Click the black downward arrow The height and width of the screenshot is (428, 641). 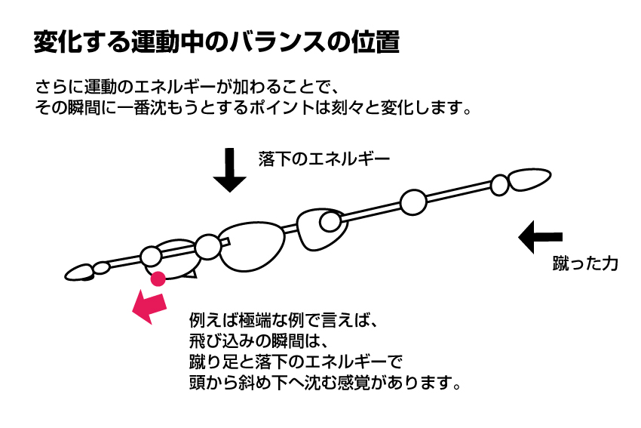point(229,169)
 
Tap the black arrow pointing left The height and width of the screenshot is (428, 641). point(540,237)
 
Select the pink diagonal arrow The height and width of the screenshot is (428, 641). point(149,306)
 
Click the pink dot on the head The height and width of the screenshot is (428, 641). point(158,279)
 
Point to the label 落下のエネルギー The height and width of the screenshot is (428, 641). point(324,159)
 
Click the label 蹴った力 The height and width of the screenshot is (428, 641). point(585,263)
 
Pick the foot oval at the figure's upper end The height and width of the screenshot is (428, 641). point(529,179)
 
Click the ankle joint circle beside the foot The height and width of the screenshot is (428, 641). point(499,185)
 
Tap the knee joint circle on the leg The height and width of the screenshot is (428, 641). point(413,202)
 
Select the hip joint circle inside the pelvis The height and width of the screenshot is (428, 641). point(330,222)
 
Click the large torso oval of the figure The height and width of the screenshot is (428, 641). point(253,247)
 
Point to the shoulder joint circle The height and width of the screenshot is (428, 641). point(208,247)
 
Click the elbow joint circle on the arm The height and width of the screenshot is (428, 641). point(152,257)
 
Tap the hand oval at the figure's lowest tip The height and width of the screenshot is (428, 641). point(80,272)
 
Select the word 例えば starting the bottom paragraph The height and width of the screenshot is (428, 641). point(213,320)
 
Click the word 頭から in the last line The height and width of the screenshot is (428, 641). point(213,383)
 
